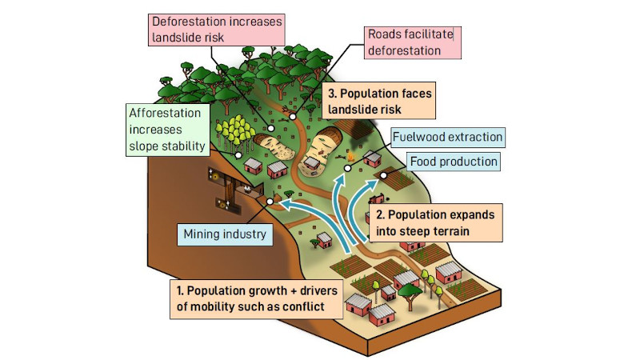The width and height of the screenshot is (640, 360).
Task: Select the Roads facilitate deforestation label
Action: pos(413,42)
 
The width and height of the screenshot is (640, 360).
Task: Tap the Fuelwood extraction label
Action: pos(447,137)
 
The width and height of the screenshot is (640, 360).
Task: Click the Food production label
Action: pos(454,162)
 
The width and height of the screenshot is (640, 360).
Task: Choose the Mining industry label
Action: pos(225,234)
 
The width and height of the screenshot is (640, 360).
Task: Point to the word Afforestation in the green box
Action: pos(165,113)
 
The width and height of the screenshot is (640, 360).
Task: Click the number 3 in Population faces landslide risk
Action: pos(332,94)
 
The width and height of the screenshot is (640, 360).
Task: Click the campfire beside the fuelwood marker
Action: pos(350,156)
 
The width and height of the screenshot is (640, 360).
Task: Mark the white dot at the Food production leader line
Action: pos(384,175)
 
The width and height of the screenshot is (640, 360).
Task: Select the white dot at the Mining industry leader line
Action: pos(270,202)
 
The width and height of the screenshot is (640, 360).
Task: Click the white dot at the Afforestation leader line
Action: pos(238,155)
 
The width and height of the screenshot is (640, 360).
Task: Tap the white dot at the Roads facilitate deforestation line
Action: pos(293,117)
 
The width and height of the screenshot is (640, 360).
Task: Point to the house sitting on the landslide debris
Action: pos(312,163)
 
